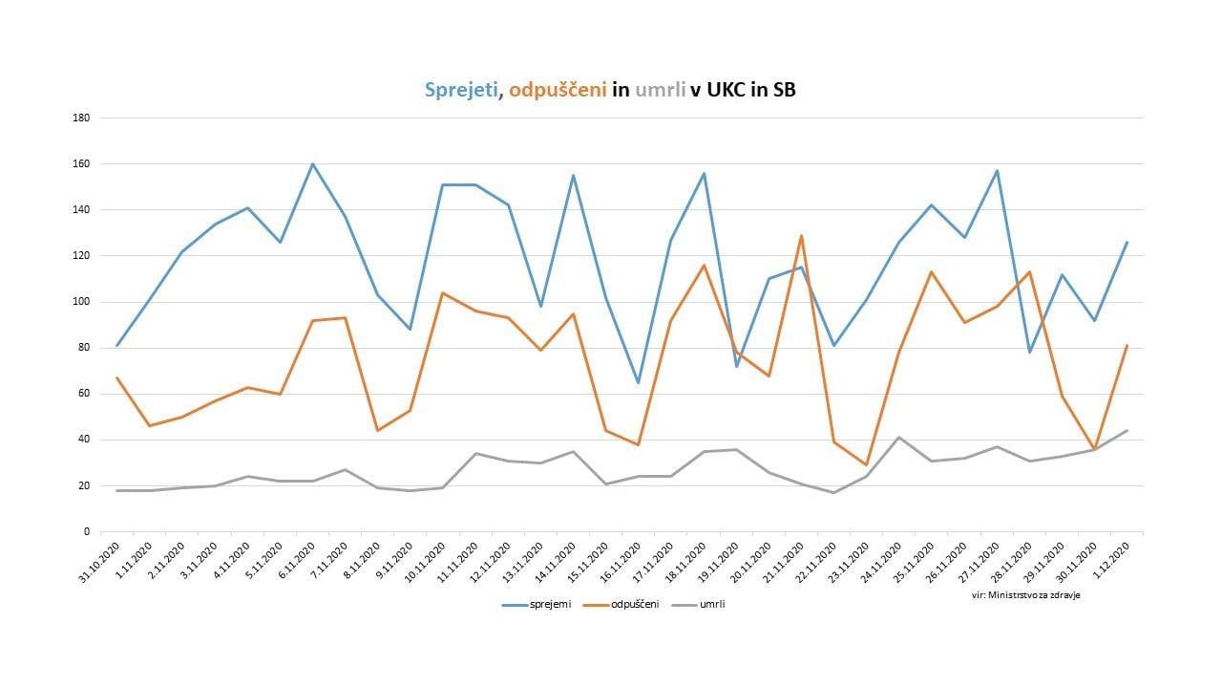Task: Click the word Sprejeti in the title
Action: (x=460, y=91)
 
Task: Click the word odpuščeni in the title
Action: (x=558, y=91)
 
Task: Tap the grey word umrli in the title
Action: (x=660, y=91)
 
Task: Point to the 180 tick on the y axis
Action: (x=81, y=118)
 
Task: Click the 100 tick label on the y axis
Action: (x=81, y=302)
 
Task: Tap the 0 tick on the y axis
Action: (x=86, y=532)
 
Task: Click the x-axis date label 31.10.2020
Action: (x=100, y=564)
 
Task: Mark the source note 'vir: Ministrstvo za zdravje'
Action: (x=1019, y=594)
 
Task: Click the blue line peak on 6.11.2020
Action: (x=312, y=164)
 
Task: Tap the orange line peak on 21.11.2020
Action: (x=801, y=235)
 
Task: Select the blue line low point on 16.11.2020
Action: (x=638, y=382)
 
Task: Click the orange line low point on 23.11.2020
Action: (x=866, y=465)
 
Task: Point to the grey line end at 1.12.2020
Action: (x=1127, y=431)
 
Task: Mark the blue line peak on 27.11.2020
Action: (x=997, y=171)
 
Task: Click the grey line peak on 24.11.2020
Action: (x=898, y=438)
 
